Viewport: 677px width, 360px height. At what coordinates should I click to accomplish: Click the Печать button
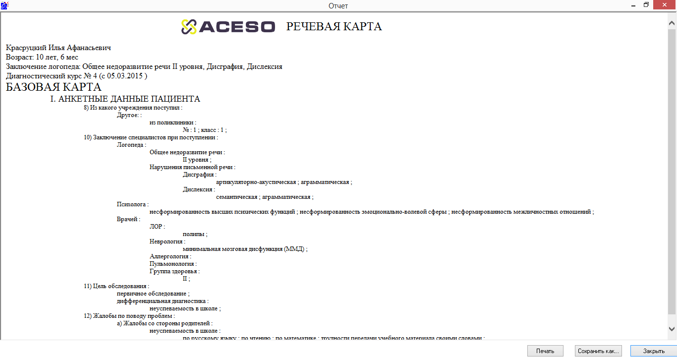click(545, 351)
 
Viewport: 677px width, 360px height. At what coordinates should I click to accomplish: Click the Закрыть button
click(654, 351)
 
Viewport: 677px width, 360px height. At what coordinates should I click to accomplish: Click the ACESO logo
click(228, 27)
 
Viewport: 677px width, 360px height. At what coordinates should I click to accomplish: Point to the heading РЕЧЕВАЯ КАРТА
click(334, 27)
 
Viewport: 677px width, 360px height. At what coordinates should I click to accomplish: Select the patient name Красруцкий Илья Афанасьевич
click(58, 48)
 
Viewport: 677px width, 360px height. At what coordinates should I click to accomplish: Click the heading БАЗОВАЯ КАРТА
click(54, 87)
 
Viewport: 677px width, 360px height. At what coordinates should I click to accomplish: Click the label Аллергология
click(169, 256)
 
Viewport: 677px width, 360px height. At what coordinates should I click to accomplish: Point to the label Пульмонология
click(172, 264)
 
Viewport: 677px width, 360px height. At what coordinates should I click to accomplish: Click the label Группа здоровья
click(173, 271)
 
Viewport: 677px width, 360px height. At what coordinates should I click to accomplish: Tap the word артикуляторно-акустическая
click(256, 182)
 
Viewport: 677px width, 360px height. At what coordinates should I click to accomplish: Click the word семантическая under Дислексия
click(237, 197)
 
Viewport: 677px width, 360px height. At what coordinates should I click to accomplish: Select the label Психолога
click(131, 204)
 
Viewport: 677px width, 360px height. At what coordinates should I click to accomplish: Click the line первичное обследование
click(152, 294)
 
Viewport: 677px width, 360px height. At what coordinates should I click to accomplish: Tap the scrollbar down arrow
click(672, 328)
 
